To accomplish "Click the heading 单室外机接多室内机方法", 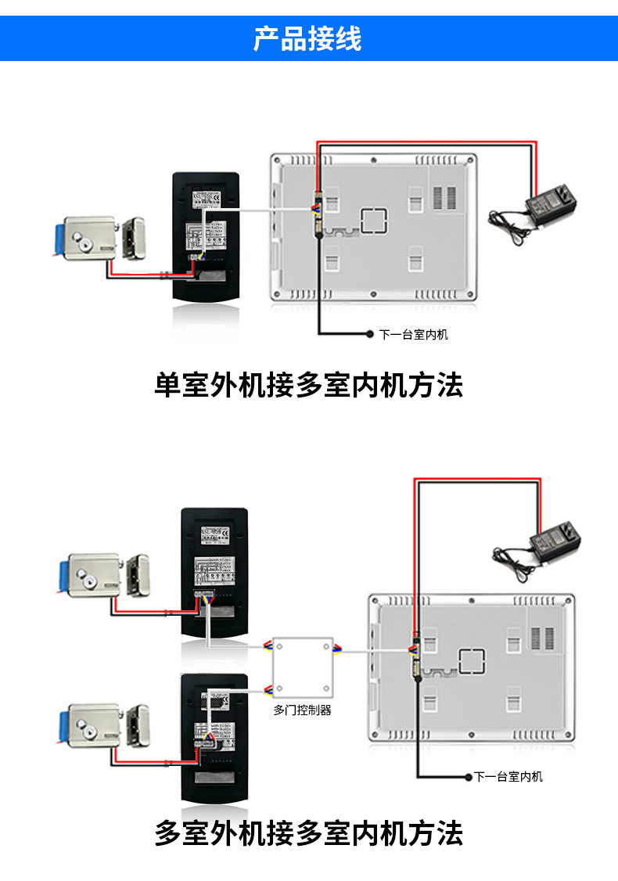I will tap(308, 386).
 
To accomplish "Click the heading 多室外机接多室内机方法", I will tap(308, 832).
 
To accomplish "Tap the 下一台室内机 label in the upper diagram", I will tap(414, 335).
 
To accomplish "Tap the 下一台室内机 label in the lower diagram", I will tap(508, 777).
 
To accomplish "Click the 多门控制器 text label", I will tap(303, 710).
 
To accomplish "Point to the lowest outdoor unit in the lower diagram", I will tap(215, 735).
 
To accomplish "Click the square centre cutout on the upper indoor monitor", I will tap(374, 221).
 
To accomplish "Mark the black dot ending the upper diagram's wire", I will tap(370, 335).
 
